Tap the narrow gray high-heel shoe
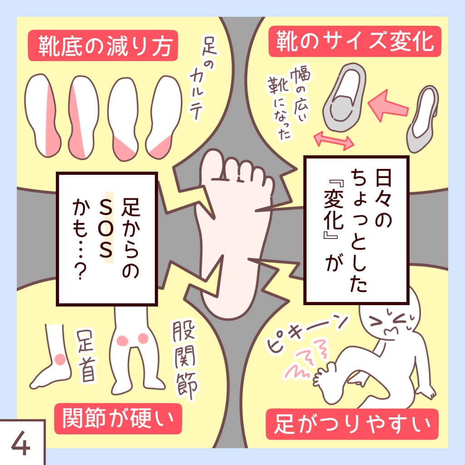pos(422,119)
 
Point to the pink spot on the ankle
pos(59,360)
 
